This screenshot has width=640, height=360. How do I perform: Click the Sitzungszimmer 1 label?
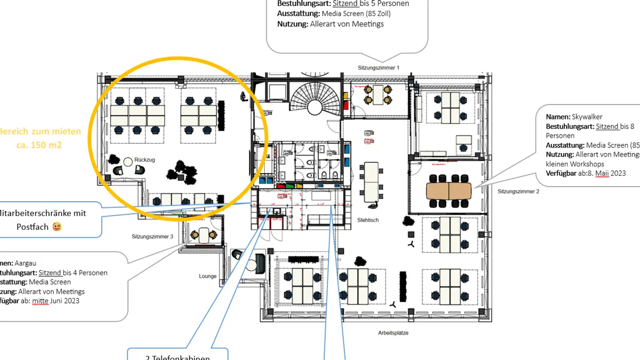pyautogui.click(x=378, y=68)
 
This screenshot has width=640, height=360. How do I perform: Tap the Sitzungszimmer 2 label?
pyautogui.click(x=518, y=192)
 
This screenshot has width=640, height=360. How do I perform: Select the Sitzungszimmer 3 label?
pyautogui.click(x=152, y=236)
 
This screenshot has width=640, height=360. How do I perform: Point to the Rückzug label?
pyautogui.click(x=144, y=160)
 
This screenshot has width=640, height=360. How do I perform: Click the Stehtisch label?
pyautogui.click(x=368, y=220)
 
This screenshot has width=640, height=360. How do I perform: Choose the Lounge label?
pyautogui.click(x=208, y=276)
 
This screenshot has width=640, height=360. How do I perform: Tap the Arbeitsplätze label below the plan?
pyautogui.click(x=393, y=333)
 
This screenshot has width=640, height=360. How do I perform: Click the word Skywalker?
pyautogui.click(x=587, y=117)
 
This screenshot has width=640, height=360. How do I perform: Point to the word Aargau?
pyautogui.click(x=26, y=264)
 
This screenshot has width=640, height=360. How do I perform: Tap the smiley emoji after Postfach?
pyautogui.click(x=57, y=227)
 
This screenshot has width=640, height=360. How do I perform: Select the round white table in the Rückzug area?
pyautogui.click(x=128, y=162)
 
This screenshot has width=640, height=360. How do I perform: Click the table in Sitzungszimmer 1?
pyautogui.click(x=378, y=95)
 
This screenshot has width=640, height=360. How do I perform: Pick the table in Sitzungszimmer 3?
pyautogui.click(x=204, y=235)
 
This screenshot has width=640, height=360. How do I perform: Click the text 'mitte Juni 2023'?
pyautogui.click(x=56, y=301)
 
